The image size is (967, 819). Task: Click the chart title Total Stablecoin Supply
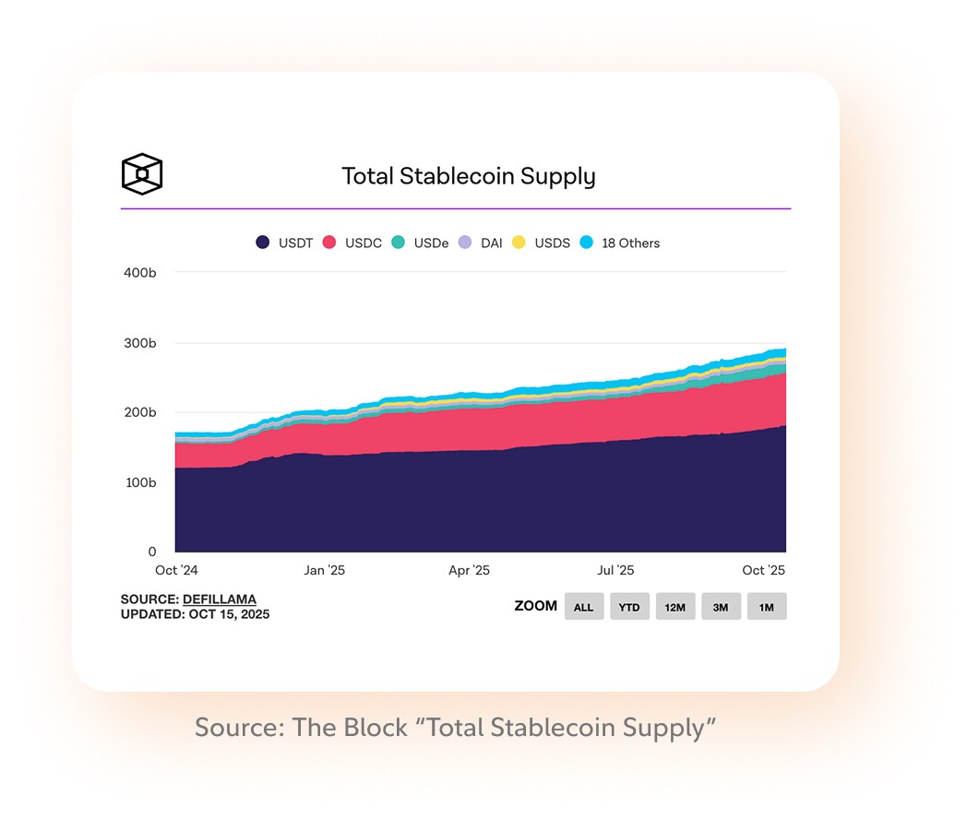(469, 176)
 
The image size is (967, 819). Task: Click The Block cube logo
(142, 174)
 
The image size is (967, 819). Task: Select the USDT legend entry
(284, 243)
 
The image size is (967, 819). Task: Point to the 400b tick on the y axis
(139, 273)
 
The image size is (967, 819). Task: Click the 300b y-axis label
(139, 343)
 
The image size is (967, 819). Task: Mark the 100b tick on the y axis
(139, 482)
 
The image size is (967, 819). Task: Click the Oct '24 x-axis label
(178, 571)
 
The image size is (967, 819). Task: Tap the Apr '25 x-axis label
(470, 571)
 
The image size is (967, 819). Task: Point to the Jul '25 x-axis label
(616, 571)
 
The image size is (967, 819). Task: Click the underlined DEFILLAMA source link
(220, 599)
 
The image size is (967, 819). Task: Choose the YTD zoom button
(629, 607)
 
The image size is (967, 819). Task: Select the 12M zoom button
(675, 607)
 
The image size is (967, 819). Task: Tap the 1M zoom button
(767, 607)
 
